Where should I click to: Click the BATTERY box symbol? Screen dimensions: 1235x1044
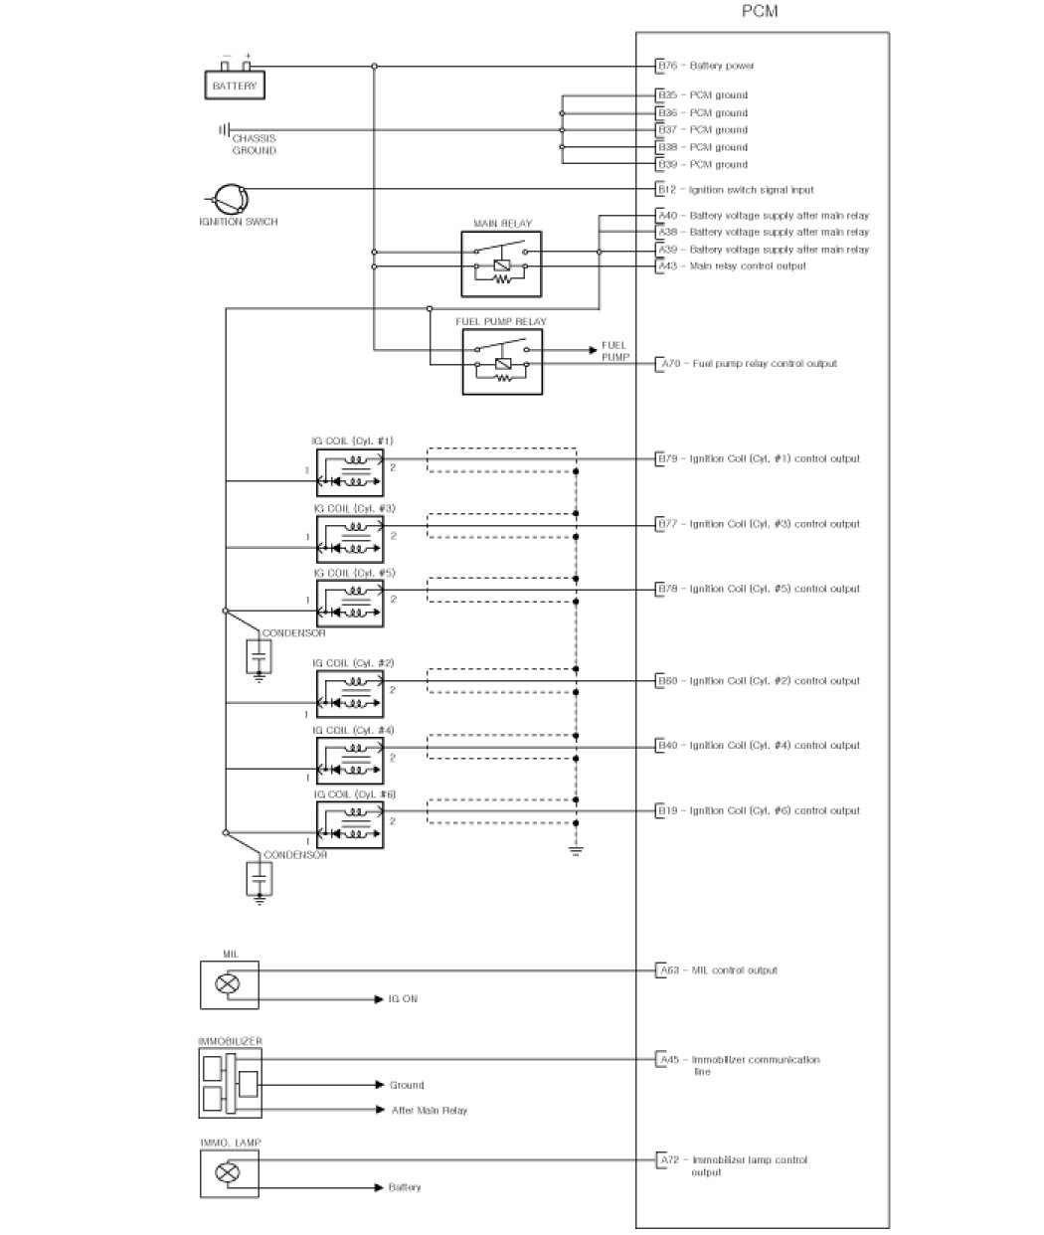pos(235,86)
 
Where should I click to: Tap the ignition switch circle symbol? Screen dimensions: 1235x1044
pos(228,198)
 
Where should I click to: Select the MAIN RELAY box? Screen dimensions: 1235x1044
pos(501,264)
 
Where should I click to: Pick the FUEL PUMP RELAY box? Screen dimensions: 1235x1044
pos(502,362)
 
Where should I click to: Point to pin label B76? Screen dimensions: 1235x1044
pos(667,66)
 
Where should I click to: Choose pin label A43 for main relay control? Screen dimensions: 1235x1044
pos(667,266)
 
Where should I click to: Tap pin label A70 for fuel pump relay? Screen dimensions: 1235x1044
pos(669,364)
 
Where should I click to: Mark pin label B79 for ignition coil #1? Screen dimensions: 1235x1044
pos(667,459)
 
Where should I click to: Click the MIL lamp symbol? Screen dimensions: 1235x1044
pos(229,984)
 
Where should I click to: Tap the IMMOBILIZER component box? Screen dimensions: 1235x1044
pos(230,1082)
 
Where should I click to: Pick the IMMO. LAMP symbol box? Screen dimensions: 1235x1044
pos(229,1173)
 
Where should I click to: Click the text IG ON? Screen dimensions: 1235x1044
pos(403,998)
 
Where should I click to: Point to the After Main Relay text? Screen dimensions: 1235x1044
pos(429,1110)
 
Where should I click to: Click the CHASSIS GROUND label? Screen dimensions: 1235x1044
pos(254,144)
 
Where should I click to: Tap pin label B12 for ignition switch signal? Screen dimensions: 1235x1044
pos(666,190)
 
